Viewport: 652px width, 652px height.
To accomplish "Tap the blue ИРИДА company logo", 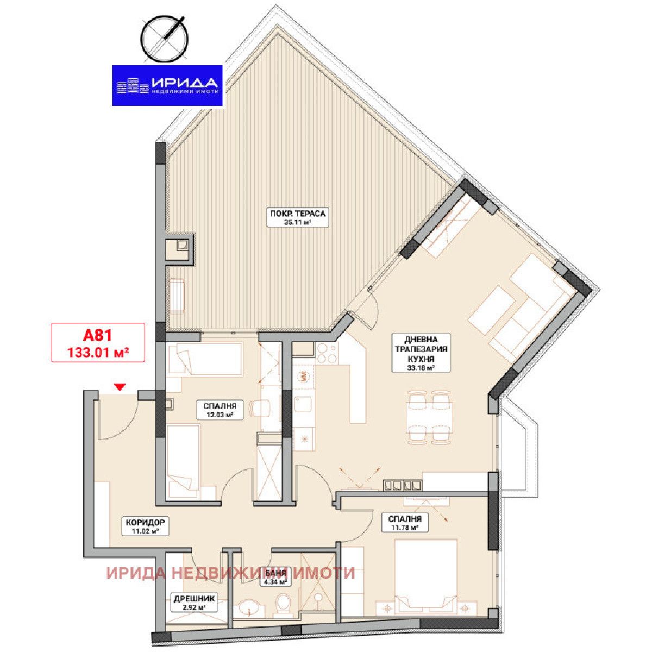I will pos(167,85).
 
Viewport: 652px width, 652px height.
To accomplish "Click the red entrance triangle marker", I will pos(120,387).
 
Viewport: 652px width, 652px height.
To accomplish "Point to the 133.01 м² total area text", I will pos(98,352).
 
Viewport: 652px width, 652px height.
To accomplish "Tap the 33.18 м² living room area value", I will pos(413,368).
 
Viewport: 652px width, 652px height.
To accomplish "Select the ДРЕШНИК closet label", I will pos(194,599).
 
